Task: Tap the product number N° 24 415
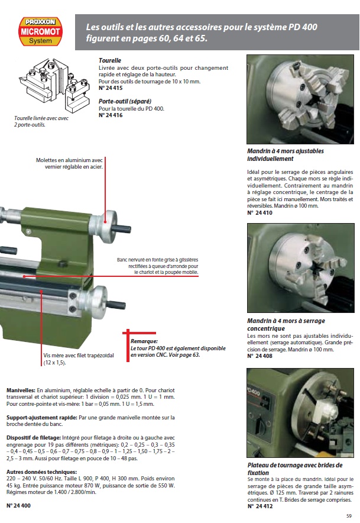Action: point(111,87)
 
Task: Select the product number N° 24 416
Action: point(111,115)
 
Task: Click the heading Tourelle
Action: point(110,60)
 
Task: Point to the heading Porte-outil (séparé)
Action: point(125,101)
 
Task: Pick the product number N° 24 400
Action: point(18,506)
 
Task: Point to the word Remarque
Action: point(144,341)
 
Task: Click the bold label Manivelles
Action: point(21,391)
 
